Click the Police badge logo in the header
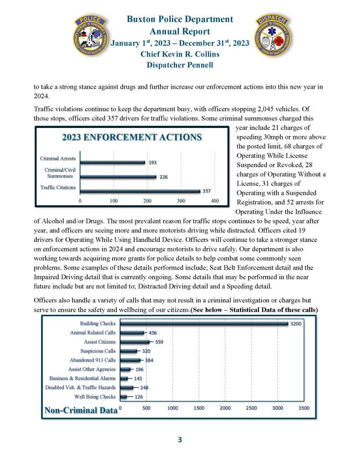point(93,37)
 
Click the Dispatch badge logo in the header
point(272,37)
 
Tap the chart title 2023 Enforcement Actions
point(132,137)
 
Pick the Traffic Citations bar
point(140,191)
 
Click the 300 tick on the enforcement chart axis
point(181,200)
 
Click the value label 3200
point(296,323)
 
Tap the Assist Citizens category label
point(100,342)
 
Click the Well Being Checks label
point(95,397)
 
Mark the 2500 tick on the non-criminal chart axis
point(251,408)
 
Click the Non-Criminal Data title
point(80,410)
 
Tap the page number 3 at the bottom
point(180,440)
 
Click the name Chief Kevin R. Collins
point(180,54)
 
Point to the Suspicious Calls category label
point(98,351)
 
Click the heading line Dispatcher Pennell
point(180,65)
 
